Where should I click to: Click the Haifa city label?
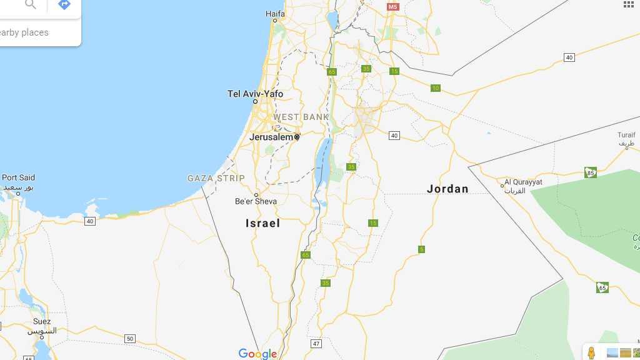point(275,13)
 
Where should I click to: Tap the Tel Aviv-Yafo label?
point(255,94)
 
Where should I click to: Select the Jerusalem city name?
point(271,137)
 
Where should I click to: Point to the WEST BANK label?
point(301,117)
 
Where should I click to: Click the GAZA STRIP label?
point(216,178)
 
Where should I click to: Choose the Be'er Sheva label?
point(256,201)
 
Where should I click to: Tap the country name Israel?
point(262,223)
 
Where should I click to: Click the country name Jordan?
point(447,189)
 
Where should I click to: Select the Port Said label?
point(18,177)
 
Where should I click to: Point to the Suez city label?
point(42,322)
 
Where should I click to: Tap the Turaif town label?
point(626,135)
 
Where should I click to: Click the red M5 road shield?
point(392,7)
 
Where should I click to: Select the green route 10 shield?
point(436,88)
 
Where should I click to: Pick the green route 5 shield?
point(421,249)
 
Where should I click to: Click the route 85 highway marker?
point(591,172)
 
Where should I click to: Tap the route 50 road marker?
point(129,339)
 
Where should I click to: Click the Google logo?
point(257,354)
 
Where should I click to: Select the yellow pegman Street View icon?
point(591,353)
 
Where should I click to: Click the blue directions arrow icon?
point(64,5)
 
